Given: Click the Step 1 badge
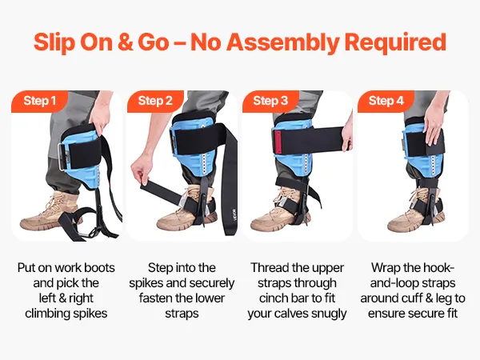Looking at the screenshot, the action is [x=39, y=101].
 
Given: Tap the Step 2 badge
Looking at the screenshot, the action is [x=155, y=101].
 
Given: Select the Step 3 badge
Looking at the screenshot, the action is [x=270, y=101].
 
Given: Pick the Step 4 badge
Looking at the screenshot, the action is [x=386, y=101].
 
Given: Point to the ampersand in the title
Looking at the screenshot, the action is [x=125, y=42].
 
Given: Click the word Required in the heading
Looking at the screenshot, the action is [x=395, y=42].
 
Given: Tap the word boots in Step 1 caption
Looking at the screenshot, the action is [x=99, y=268].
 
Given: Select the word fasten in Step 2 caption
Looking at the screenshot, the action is [x=157, y=298].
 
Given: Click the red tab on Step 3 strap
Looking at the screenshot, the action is [x=278, y=140].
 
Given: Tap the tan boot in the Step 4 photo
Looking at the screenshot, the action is [x=414, y=214].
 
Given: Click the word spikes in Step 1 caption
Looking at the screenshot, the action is [x=92, y=314].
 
